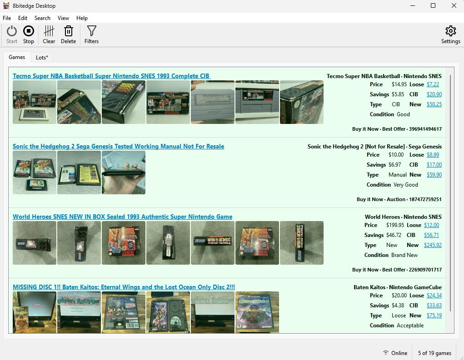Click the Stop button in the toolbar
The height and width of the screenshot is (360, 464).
pos(29,35)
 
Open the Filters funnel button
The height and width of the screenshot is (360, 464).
pos(91,35)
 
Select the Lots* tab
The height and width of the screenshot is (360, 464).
pos(42,57)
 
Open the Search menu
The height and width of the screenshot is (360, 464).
pos(42,18)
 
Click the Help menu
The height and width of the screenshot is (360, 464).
pos(82,18)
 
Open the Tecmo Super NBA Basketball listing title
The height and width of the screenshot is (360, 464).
pos(111,76)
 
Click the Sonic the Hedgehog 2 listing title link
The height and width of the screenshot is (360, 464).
pos(118,146)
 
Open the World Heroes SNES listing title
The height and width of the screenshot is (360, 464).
pos(123,217)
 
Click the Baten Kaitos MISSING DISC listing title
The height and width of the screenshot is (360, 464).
pos(124,287)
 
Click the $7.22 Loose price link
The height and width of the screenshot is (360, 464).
pos(433,84)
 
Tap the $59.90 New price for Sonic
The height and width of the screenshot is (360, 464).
pos(434,175)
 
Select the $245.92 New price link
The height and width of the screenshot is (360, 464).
pos(433,245)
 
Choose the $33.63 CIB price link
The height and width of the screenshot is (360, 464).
pos(434,306)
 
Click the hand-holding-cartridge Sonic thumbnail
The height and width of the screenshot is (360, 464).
pos(124,173)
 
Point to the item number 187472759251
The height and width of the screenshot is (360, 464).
pos(425,199)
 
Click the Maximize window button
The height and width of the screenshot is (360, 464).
pos(433,5)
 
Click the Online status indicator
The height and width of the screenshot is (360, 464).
pos(395,353)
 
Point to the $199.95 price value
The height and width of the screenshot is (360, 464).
pos(395,225)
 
